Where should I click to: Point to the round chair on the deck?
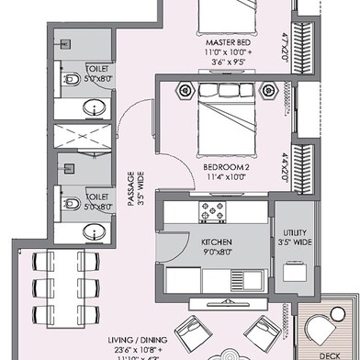331,329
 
